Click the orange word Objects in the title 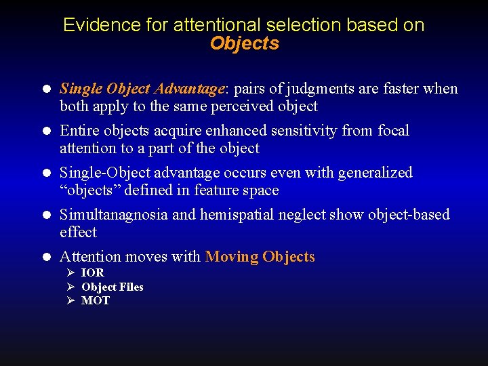point(244,43)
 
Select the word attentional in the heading point(217,25)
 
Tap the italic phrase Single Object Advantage point(142,89)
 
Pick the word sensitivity point(304,131)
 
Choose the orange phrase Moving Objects point(260,257)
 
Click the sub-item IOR point(92,272)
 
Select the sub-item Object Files point(112,287)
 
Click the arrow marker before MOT point(69,301)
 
